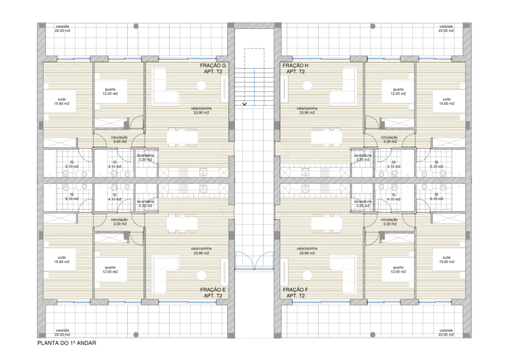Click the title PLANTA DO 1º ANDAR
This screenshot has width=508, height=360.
66,343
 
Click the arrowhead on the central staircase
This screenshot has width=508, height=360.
245,104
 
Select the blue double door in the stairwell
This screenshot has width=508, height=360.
254,260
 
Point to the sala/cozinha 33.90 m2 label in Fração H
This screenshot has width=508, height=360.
307,110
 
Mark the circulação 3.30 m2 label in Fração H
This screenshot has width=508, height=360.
389,139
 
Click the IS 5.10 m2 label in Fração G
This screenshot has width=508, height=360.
72,164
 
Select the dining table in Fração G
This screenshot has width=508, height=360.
182,136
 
